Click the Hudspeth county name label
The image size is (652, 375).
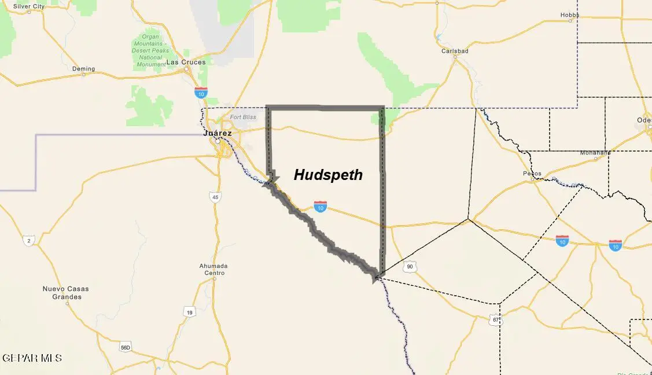pyautogui.click(x=328, y=175)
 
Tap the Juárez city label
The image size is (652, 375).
pyautogui.click(x=218, y=133)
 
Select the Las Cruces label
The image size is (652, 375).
pyautogui.click(x=186, y=62)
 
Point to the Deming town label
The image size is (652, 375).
pyautogui.click(x=83, y=69)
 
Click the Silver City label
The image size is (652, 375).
pyautogui.click(x=28, y=6)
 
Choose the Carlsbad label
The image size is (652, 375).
pyautogui.click(x=455, y=51)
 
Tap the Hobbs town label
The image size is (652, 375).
pyautogui.click(x=570, y=15)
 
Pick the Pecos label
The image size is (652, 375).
pyautogui.click(x=532, y=173)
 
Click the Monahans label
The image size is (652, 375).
pyautogui.click(x=595, y=153)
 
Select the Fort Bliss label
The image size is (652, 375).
pyautogui.click(x=242, y=117)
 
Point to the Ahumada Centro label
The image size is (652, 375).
pyautogui.click(x=213, y=270)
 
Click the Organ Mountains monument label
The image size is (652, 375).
pyautogui.click(x=150, y=51)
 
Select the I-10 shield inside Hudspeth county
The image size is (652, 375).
pyautogui.click(x=321, y=206)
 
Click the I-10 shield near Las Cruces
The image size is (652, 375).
pyautogui.click(x=201, y=92)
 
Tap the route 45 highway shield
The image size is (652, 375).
pyautogui.click(x=215, y=197)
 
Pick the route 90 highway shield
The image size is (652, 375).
pyautogui.click(x=410, y=267)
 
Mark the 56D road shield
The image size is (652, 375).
pyautogui.click(x=126, y=347)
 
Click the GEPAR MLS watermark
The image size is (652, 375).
pyautogui.click(x=32, y=358)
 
